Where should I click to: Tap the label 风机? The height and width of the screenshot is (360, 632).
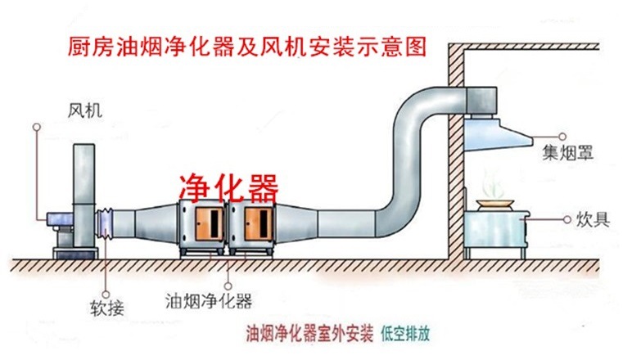click(x=85, y=109)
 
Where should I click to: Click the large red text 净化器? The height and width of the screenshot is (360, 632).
click(x=228, y=188)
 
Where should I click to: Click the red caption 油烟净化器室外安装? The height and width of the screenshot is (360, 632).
click(x=310, y=334)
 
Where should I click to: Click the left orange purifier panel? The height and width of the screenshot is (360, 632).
click(x=206, y=223)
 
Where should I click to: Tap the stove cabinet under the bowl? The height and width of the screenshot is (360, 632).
click(x=494, y=233)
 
